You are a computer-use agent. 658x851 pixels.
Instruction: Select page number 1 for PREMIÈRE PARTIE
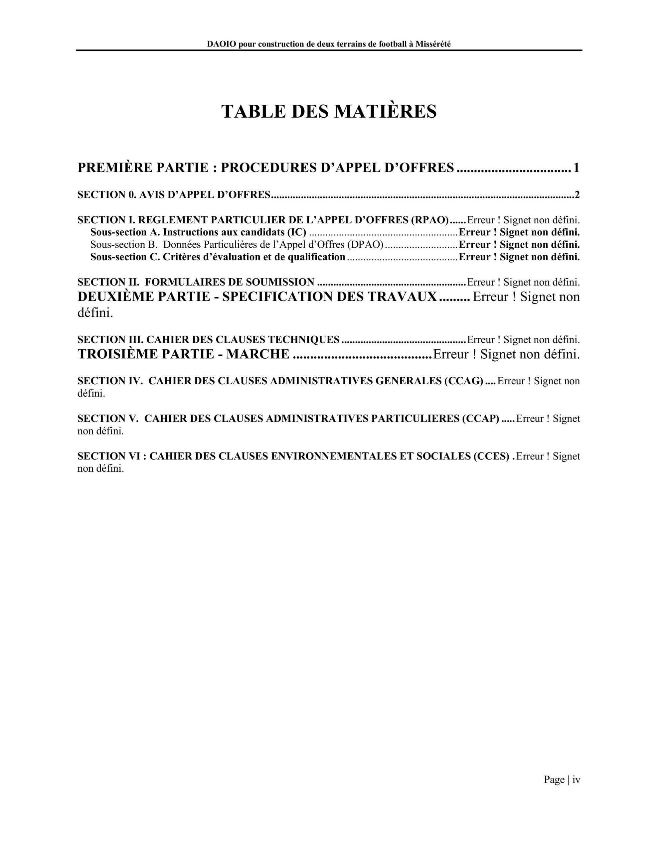[x=576, y=168]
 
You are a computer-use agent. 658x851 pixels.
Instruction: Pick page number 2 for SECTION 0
[x=577, y=194]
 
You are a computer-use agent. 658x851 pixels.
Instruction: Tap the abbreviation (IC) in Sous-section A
[x=297, y=232]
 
